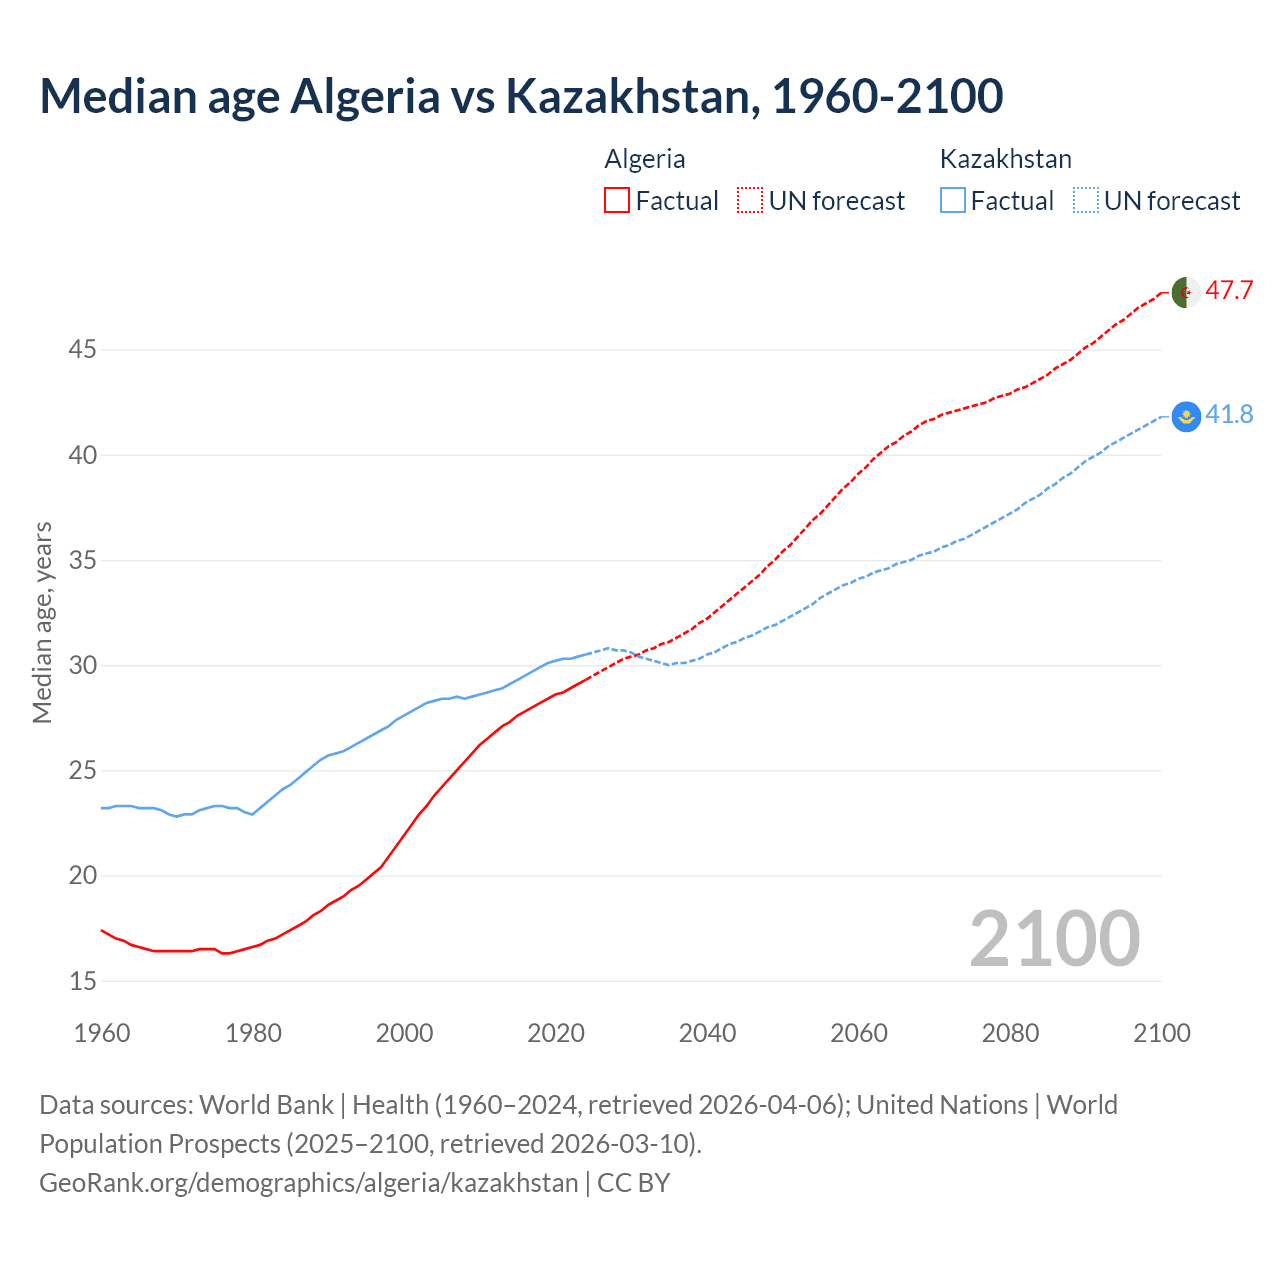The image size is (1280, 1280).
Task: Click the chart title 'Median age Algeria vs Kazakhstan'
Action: [520, 96]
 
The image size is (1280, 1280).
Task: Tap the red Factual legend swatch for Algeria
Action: [617, 200]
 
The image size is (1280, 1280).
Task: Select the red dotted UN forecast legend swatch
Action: [750, 200]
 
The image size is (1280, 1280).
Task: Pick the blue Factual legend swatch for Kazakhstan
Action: [953, 200]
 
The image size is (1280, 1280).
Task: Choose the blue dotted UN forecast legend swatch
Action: [1085, 200]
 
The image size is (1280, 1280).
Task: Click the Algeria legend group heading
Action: [645, 159]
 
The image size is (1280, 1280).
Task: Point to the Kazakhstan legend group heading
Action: [1005, 159]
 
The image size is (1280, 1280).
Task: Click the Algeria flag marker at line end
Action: [1185, 292]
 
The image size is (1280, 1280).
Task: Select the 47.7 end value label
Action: [1229, 291]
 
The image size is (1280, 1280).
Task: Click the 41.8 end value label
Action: [1229, 415]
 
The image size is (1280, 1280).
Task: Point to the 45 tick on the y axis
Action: [83, 350]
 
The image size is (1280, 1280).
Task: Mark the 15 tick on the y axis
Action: [83, 981]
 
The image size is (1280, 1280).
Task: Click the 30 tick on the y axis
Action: [83, 666]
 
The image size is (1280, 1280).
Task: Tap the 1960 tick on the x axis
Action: [102, 1033]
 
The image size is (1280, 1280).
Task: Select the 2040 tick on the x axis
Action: [707, 1033]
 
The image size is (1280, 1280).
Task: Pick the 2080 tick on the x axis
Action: [1010, 1033]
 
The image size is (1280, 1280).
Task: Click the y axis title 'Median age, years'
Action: [42, 622]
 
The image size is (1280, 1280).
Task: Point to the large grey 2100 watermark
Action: [1054, 938]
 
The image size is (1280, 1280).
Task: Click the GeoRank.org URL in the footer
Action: [308, 1183]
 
